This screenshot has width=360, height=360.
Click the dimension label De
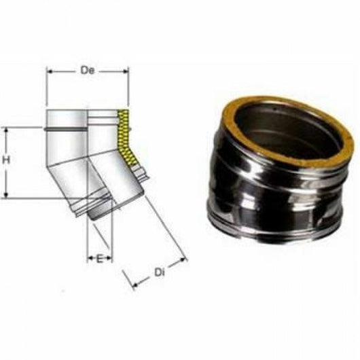87,69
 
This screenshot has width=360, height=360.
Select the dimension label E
101,259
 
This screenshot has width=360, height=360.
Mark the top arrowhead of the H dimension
6,130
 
